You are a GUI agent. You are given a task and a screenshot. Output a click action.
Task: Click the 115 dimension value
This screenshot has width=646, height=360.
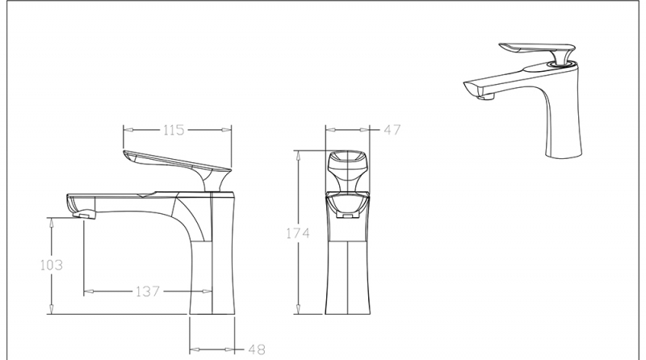(174, 129)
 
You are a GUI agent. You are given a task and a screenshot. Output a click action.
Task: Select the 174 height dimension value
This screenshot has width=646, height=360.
(299, 234)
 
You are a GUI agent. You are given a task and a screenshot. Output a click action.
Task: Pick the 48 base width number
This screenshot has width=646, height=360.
(256, 350)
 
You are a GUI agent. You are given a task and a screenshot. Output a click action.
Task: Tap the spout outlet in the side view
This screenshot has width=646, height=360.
(82, 214)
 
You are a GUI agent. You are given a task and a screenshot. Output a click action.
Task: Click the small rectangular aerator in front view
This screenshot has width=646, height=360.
(347, 216)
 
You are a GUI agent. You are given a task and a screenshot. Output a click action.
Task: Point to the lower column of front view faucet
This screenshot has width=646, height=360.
(347, 274)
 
